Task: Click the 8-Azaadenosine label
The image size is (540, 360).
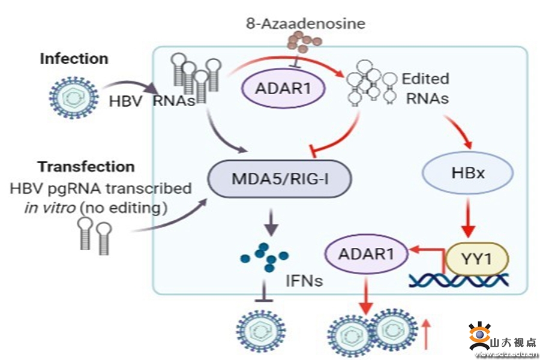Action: tap(305, 24)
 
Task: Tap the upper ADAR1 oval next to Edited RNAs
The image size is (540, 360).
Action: tap(283, 89)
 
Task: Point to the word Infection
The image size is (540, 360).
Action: tap(74, 59)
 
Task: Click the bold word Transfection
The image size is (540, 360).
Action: tap(86, 166)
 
